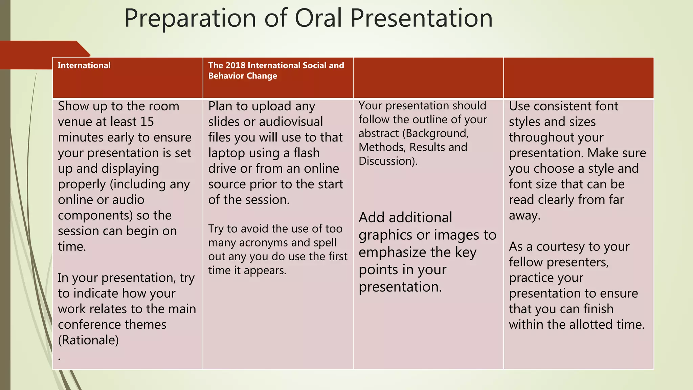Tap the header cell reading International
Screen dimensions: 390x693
[84, 65]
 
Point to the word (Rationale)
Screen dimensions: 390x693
[88, 340]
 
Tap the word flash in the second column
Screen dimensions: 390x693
[306, 153]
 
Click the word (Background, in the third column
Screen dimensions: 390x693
[435, 134]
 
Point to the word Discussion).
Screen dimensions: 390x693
[388, 161]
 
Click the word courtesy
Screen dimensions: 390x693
[560, 247]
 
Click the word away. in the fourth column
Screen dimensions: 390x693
[524, 216]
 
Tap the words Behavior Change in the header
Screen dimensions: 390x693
[242, 76]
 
